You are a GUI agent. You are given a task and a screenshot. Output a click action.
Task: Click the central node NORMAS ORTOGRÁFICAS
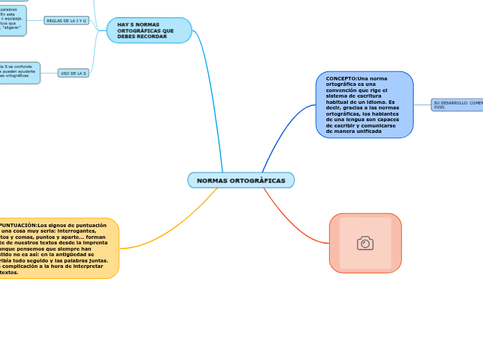[240, 180]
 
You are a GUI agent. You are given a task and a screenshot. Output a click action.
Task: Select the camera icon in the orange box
[365, 243]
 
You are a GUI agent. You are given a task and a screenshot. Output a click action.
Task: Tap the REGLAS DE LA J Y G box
[67, 21]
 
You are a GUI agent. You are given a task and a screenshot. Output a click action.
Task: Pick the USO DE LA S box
[73, 73]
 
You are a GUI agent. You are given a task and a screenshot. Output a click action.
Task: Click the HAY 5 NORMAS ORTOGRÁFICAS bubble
[149, 30]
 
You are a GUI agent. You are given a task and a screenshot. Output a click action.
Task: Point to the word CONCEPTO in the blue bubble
[342, 79]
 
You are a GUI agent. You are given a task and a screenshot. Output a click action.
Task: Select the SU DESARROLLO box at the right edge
[457, 105]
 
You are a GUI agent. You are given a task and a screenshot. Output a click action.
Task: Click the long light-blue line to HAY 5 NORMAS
[212, 97]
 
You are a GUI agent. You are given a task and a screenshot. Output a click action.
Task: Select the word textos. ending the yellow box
[9, 272]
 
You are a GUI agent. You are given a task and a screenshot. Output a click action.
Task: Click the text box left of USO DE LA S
[19, 73]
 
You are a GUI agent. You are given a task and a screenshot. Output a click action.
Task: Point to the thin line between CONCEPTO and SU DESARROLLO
[422, 105]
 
